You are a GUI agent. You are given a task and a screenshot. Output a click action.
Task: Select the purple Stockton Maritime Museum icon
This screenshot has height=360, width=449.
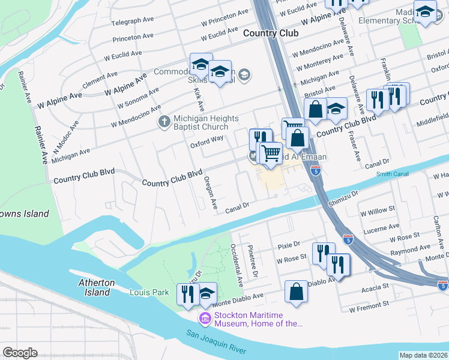tap(205, 317)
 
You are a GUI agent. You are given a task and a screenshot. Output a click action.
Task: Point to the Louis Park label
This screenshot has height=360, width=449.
tap(146, 292)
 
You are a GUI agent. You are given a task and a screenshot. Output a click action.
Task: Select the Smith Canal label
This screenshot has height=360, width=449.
tap(392, 175)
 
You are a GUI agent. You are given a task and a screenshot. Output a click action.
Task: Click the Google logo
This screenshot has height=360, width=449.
tap(20, 352)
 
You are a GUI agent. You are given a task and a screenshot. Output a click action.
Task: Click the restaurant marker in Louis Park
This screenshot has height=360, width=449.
tap(188, 293)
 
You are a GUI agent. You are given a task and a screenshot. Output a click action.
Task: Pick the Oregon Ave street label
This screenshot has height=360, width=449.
tap(210, 192)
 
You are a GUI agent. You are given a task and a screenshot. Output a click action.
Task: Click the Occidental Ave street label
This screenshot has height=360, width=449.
tap(238, 264)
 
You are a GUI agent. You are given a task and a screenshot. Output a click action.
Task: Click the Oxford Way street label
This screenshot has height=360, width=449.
tap(206, 142)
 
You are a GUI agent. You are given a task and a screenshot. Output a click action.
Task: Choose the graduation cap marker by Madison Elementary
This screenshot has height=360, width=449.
tap(425, 13)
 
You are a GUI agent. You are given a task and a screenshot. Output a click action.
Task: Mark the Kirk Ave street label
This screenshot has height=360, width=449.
tap(198, 99)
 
